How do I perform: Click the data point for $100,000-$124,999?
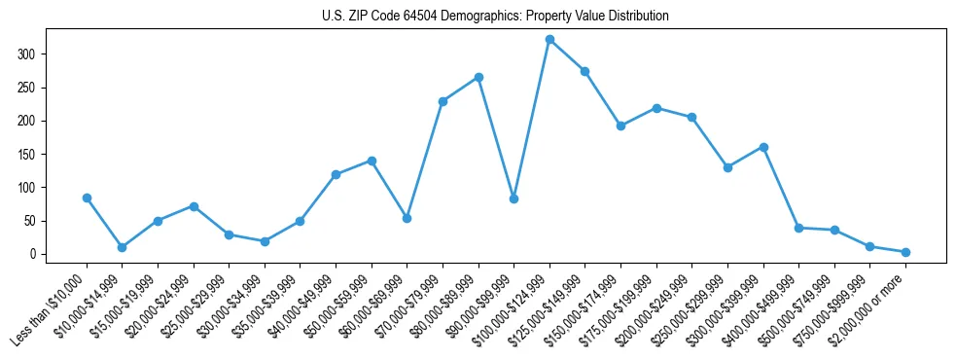click(x=549, y=40)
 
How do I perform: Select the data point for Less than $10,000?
click(x=87, y=198)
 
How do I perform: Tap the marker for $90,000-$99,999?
click(x=513, y=198)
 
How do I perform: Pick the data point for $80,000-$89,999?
click(x=478, y=77)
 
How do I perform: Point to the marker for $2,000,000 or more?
click(x=905, y=252)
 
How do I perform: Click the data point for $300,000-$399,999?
click(x=763, y=147)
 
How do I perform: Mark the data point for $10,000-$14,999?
click(x=122, y=247)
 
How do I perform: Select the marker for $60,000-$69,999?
click(x=407, y=218)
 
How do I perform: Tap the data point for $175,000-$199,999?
click(x=656, y=108)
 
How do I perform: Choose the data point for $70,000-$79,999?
click(x=443, y=101)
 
